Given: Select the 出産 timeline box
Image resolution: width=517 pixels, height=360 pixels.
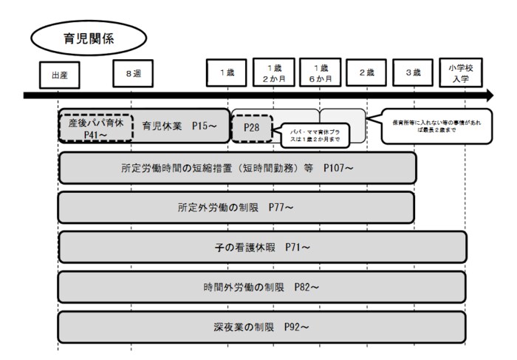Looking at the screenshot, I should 58,75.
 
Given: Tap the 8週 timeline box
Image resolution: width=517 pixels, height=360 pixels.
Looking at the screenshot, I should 133,74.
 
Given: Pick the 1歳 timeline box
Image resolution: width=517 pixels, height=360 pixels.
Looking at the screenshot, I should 227,74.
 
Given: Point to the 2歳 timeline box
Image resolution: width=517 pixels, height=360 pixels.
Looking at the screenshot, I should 366,74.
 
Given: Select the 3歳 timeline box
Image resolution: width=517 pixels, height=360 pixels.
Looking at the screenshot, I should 413,74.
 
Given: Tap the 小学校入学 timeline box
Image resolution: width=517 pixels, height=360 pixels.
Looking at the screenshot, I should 459,72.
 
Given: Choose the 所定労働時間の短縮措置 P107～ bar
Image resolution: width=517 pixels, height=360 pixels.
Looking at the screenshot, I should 236,169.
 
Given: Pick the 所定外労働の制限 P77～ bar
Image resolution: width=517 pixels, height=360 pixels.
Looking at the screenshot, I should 236,208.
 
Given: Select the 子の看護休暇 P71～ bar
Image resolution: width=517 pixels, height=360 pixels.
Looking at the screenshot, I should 262,247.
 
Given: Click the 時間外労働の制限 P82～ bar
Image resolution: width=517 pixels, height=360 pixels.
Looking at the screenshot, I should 262,287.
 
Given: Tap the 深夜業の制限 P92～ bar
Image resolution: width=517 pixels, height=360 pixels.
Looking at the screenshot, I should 262,327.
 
